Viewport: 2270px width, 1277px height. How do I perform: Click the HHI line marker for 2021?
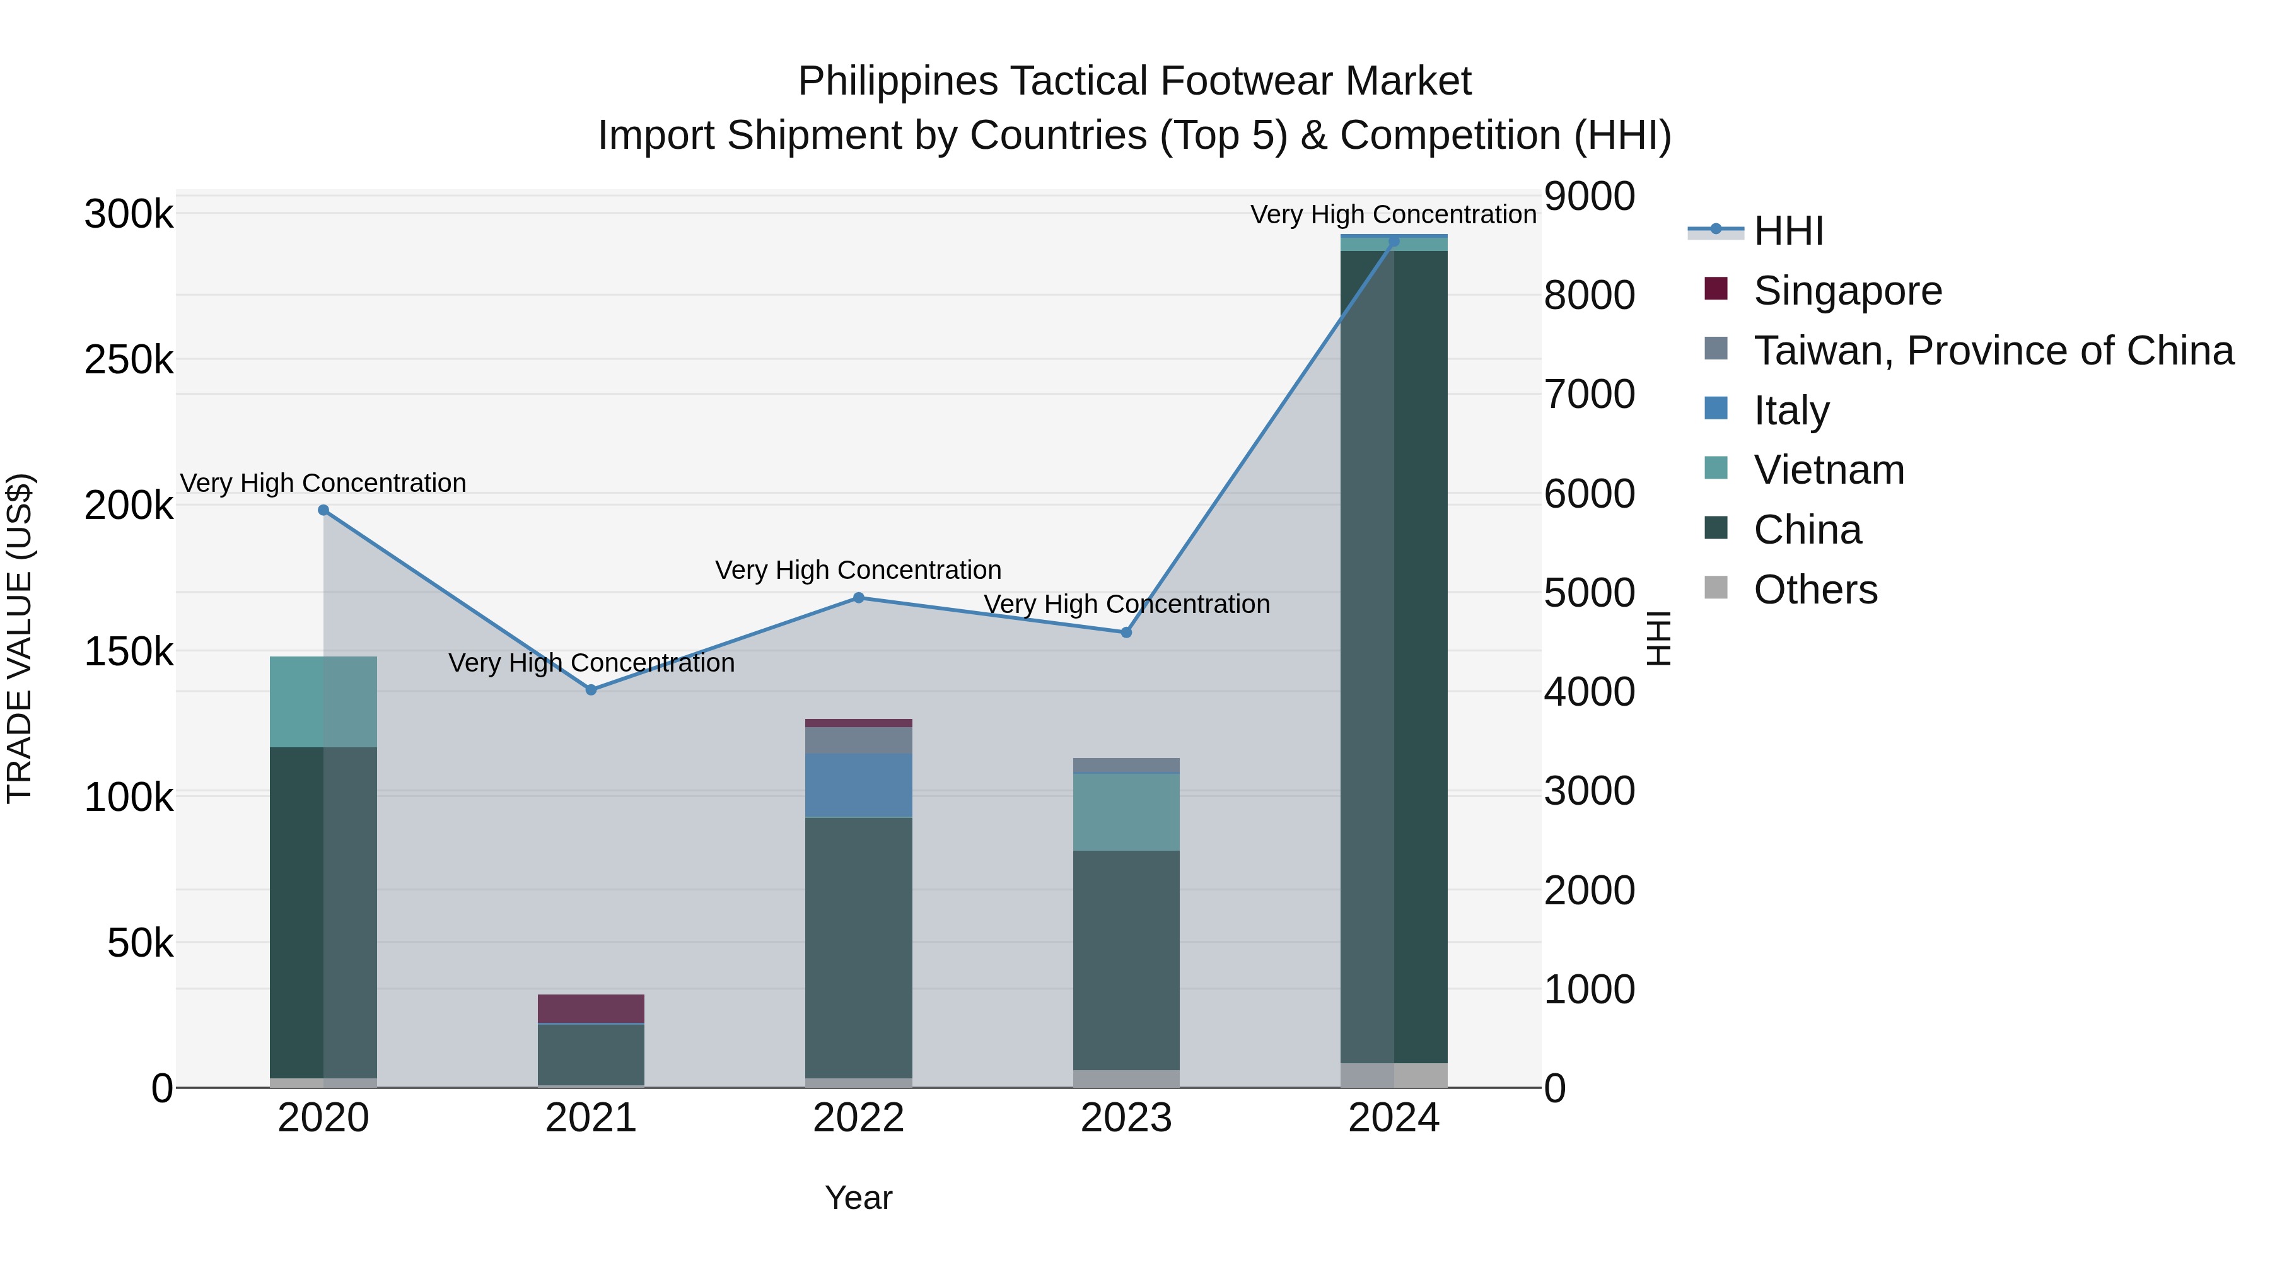591,690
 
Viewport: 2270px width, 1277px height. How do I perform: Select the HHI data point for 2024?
1393,242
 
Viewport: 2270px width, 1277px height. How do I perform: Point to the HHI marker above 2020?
323,510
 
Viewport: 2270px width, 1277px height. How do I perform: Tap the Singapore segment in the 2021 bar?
591,1008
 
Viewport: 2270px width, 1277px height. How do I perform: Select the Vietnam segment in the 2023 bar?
1126,812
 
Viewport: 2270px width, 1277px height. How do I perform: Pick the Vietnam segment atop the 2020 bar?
323,701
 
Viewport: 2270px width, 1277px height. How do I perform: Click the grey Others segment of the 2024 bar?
1393,1075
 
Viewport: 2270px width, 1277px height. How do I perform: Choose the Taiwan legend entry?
1993,351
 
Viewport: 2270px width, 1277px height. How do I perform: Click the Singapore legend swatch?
1716,288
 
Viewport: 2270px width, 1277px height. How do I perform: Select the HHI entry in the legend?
1788,231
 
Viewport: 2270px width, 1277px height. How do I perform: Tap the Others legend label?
1815,590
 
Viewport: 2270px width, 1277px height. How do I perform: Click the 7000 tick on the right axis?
1589,394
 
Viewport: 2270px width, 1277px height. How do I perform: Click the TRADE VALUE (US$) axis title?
20,638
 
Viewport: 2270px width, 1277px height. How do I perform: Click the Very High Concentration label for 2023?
1126,605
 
